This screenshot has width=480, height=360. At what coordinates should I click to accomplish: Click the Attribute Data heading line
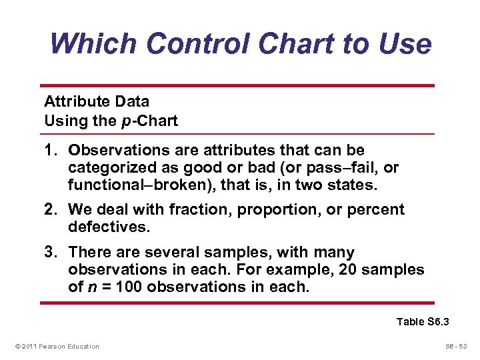(96, 102)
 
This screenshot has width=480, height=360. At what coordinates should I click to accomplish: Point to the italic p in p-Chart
(136, 122)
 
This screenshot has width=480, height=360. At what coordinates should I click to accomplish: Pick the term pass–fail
(345, 167)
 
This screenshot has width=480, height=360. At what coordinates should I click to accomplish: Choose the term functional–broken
(123, 183)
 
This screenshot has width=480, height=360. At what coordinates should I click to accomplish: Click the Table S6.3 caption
(423, 322)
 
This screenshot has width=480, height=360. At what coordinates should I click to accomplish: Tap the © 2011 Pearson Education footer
(56, 346)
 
